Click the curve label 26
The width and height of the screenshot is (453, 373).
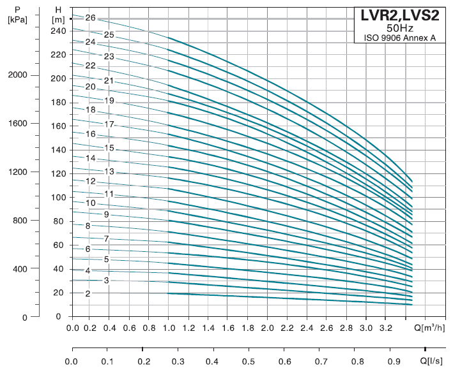89,18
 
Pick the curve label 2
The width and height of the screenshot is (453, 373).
88,294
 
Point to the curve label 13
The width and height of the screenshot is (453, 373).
109,172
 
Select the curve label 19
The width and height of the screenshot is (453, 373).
109,101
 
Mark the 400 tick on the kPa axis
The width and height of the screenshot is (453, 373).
20,269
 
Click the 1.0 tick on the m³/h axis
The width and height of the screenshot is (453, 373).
170,328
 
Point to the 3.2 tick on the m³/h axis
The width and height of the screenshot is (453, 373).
385,328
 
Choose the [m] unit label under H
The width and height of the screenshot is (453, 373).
58,20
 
